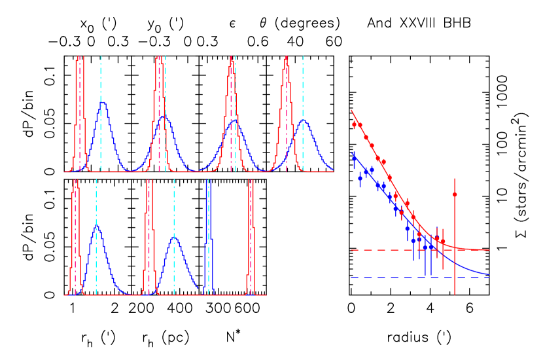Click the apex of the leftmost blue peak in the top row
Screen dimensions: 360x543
102,103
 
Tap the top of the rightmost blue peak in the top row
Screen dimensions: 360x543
304,120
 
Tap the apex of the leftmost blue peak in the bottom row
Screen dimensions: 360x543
97,225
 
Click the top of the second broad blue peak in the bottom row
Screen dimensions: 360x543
175,238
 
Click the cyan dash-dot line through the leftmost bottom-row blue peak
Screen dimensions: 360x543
96,196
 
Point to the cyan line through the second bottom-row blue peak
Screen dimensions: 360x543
174,203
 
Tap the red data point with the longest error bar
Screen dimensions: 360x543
455,194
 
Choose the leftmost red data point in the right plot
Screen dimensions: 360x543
354,124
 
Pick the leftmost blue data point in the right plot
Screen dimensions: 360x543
354,158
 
